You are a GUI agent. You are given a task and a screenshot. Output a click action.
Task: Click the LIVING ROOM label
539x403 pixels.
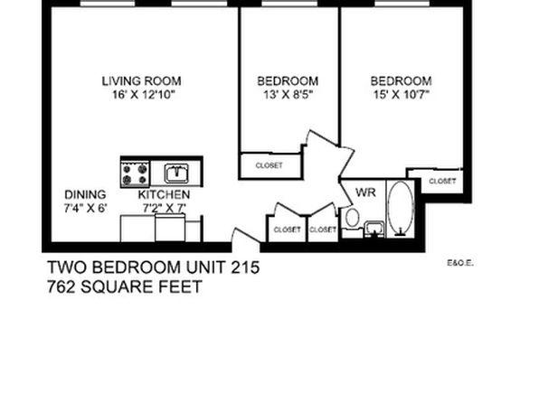[142, 81]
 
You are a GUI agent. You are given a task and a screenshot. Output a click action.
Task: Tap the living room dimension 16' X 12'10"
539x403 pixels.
[144, 95]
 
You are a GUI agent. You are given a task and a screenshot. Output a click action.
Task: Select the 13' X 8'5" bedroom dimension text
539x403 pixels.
[288, 95]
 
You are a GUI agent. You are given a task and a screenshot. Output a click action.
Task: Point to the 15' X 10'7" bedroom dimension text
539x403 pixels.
[402, 95]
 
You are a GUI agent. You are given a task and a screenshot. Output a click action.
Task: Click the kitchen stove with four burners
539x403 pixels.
[135, 173]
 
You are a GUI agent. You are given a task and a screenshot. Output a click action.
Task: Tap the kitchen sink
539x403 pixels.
[176, 173]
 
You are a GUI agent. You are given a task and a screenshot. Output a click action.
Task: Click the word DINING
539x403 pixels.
[85, 195]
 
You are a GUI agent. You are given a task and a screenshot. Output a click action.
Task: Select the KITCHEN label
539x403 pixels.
[164, 195]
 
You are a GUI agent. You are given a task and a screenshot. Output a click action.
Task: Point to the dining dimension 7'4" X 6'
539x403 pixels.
[86, 208]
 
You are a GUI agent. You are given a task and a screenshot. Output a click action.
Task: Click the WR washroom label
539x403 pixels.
[365, 192]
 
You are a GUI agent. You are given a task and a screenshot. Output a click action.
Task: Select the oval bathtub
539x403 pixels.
[401, 208]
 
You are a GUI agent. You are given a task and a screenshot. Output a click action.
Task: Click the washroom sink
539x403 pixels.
[374, 230]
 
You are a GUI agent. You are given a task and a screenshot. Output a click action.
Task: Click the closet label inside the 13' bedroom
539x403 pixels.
[269, 165]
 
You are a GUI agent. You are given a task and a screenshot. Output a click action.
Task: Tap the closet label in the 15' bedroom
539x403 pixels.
[442, 181]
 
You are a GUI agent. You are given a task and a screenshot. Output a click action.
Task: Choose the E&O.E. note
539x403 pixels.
[460, 264]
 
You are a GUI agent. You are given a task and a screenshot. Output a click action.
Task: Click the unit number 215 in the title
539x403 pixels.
[245, 267]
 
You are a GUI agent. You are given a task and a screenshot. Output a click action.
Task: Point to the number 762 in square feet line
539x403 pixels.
[61, 286]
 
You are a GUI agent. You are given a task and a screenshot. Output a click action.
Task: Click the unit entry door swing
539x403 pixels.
[245, 237]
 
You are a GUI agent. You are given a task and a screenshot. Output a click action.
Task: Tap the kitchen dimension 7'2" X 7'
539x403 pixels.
[165, 208]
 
